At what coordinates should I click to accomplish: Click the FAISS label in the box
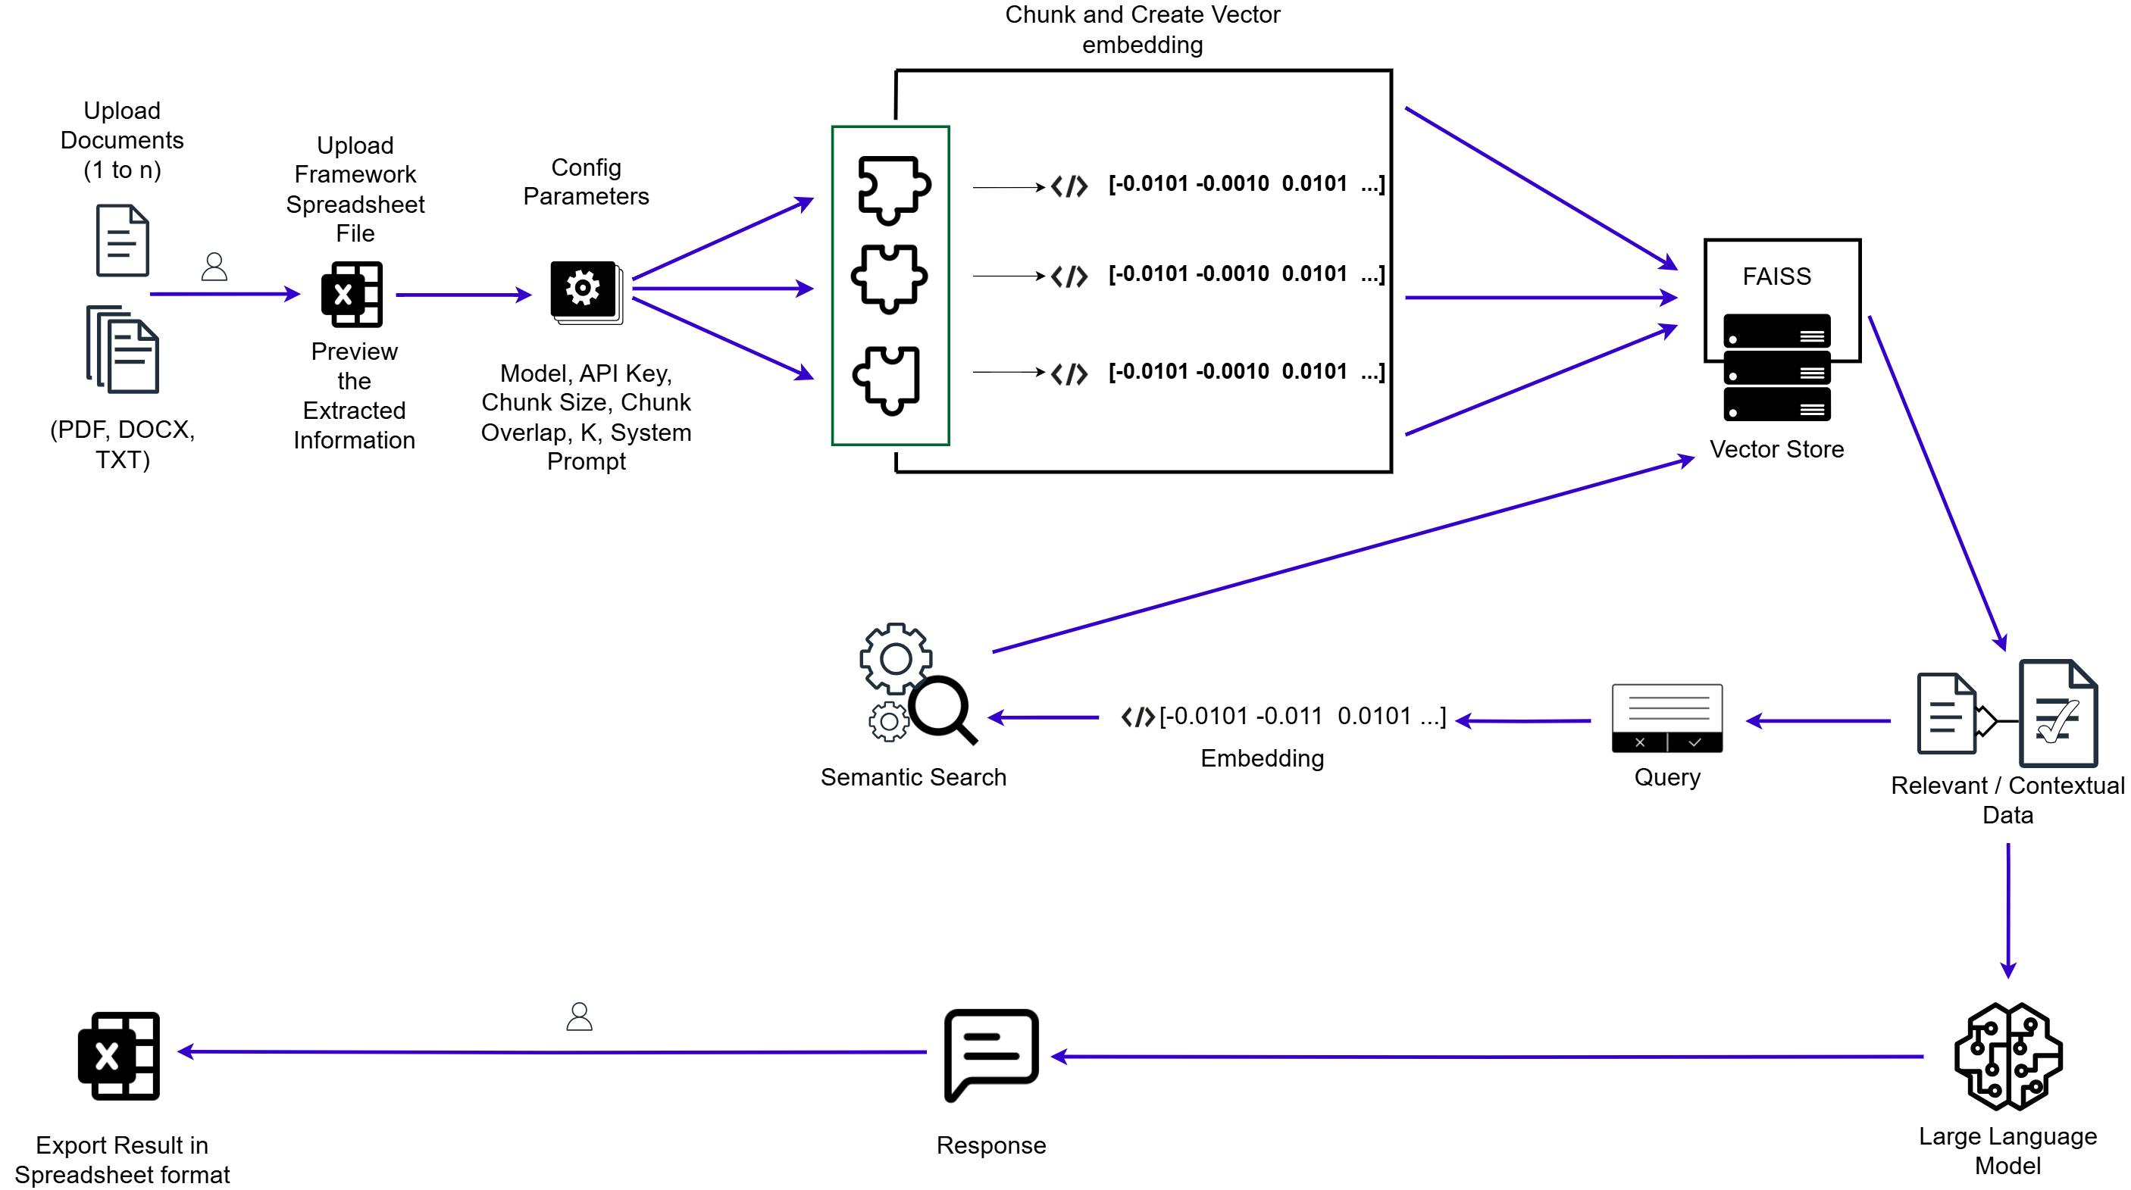click(1776, 276)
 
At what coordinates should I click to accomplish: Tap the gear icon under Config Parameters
click(584, 289)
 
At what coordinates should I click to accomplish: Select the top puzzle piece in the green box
click(893, 189)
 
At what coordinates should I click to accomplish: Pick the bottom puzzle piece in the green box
click(887, 379)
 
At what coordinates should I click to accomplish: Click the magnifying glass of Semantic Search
click(942, 709)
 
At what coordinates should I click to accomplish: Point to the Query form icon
click(1667, 718)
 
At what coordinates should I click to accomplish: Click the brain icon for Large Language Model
click(2007, 1056)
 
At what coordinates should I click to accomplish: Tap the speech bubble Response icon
click(990, 1053)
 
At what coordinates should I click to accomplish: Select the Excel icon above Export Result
click(119, 1055)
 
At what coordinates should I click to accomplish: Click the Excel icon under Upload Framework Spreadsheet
click(352, 295)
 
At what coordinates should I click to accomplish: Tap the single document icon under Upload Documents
click(123, 240)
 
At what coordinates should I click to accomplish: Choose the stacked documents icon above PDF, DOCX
click(124, 350)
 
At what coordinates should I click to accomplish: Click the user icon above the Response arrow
click(579, 1017)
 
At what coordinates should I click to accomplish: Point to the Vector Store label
click(1776, 449)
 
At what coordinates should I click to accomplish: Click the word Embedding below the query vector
click(1262, 758)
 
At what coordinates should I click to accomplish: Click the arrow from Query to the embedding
click(1522, 721)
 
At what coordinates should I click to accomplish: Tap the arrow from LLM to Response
click(1489, 1057)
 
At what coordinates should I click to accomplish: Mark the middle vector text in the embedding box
click(1245, 273)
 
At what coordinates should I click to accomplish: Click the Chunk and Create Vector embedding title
click(1143, 29)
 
